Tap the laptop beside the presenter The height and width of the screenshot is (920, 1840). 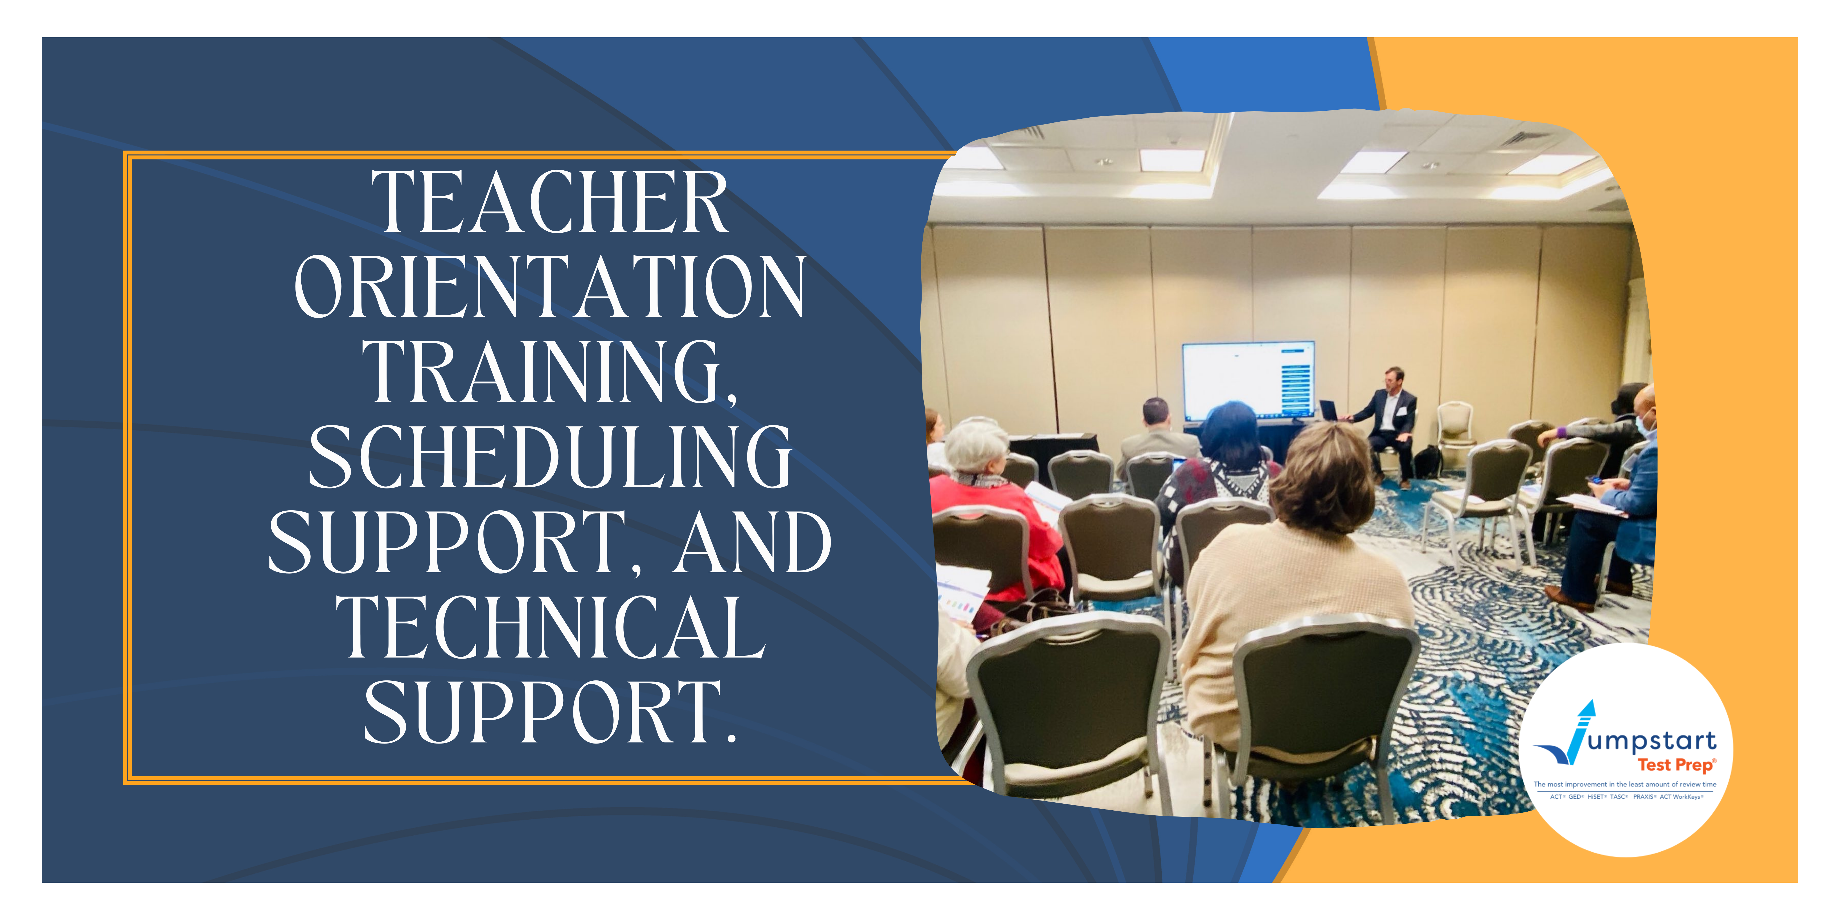pos(1329,411)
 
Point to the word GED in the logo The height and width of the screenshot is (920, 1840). pos(1575,796)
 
